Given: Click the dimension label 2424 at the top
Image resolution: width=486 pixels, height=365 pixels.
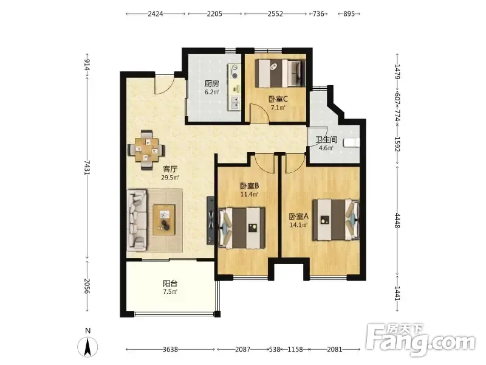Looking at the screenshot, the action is pyautogui.click(x=156, y=13).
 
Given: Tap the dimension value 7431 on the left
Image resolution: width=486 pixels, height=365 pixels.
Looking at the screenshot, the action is pyautogui.click(x=87, y=168).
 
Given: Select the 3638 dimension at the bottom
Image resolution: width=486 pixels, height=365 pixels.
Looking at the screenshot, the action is pyautogui.click(x=170, y=349).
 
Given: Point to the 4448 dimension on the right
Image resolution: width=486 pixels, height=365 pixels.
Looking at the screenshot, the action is pyautogui.click(x=397, y=220).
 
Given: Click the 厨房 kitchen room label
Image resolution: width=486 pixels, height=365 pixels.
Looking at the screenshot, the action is pyautogui.click(x=212, y=83).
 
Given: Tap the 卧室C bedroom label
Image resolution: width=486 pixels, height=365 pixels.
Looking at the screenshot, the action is pyautogui.click(x=278, y=99).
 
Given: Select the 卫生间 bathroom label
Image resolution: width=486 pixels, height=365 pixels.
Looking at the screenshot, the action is pyautogui.click(x=326, y=140).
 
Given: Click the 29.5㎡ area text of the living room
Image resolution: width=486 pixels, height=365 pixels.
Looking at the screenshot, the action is pyautogui.click(x=170, y=178).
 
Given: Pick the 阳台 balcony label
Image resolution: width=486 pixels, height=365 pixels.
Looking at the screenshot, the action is pyautogui.click(x=170, y=283).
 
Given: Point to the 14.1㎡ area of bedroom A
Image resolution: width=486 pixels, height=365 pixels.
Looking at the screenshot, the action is pyautogui.click(x=298, y=224).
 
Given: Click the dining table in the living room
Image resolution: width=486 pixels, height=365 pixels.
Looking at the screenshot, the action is pyautogui.click(x=146, y=150).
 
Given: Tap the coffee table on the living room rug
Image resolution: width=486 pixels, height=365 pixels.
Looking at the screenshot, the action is pyautogui.click(x=164, y=220).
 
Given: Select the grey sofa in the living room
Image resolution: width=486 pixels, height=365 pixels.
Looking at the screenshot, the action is pyautogui.click(x=137, y=220).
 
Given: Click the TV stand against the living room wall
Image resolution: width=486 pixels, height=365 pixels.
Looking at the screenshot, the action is pyautogui.click(x=211, y=220).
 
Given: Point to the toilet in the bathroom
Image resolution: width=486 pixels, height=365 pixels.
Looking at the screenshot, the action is pyautogui.click(x=352, y=142).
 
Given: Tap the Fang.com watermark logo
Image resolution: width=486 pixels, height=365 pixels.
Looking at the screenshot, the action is pyautogui.click(x=420, y=341).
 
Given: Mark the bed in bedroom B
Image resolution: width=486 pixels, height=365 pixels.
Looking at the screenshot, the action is pyautogui.click(x=242, y=228).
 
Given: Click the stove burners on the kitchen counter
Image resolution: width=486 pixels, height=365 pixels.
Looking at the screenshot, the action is pyautogui.click(x=234, y=71).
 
